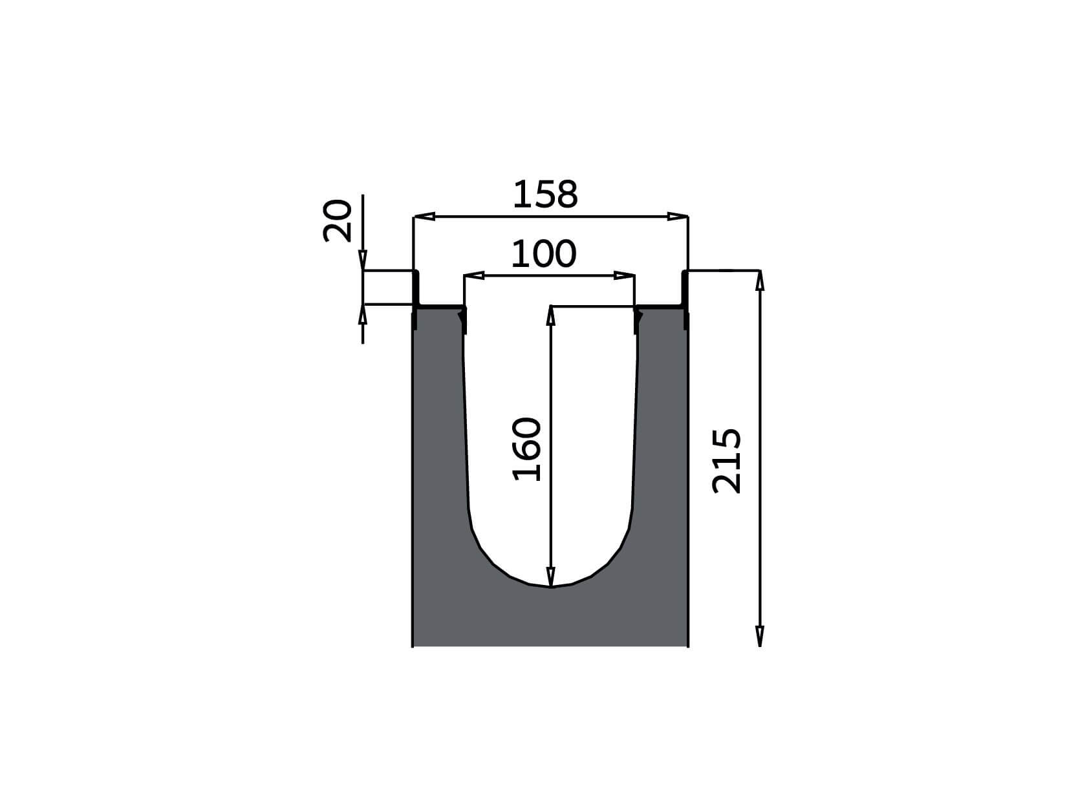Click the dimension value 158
click(x=545, y=194)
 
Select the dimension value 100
click(x=543, y=254)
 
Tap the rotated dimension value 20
click(x=338, y=221)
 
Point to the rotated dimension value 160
click(x=526, y=449)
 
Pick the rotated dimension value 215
click(x=726, y=461)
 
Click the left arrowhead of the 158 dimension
click(x=425, y=217)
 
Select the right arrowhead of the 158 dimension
click(x=677, y=217)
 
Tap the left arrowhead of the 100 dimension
click(x=475, y=275)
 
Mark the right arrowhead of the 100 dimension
click(x=624, y=275)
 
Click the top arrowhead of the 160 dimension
click(x=550, y=315)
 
